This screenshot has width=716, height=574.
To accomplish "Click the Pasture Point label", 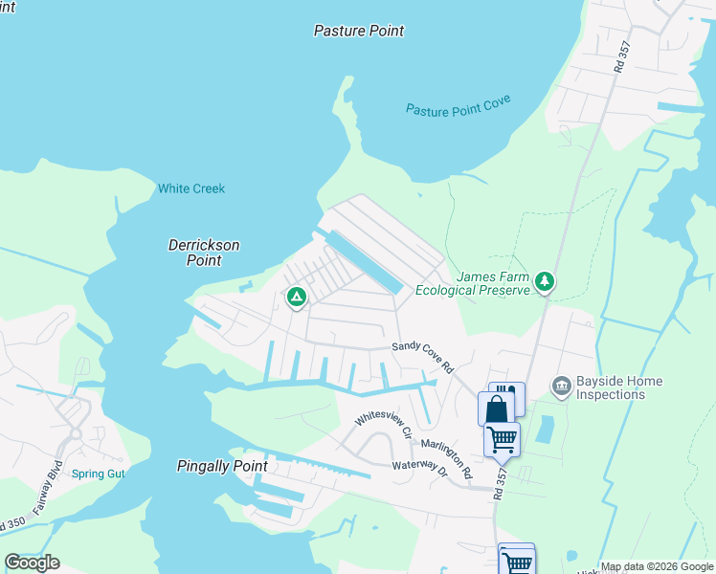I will tap(359, 31).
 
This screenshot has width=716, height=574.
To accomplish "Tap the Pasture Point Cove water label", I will tap(458, 106).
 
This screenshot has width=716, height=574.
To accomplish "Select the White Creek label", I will tap(191, 188).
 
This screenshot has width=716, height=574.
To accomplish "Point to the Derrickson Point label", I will tap(204, 253).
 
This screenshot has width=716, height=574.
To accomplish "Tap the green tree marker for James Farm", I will tap(545, 280).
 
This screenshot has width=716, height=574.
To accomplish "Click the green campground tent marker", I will tap(297, 298).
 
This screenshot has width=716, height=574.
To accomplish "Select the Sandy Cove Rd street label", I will tap(422, 356).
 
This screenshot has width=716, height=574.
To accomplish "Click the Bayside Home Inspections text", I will tap(618, 387).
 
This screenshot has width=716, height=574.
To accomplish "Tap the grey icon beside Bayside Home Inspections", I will tap(561, 386).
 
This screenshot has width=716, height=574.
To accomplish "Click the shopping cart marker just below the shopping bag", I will tap(503, 439).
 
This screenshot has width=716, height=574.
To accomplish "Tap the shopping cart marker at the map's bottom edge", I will tap(517, 561).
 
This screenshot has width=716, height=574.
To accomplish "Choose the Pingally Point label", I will tap(222, 466).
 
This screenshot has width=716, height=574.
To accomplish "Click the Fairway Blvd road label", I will tap(43, 490).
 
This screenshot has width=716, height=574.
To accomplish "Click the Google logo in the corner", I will tap(32, 563).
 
